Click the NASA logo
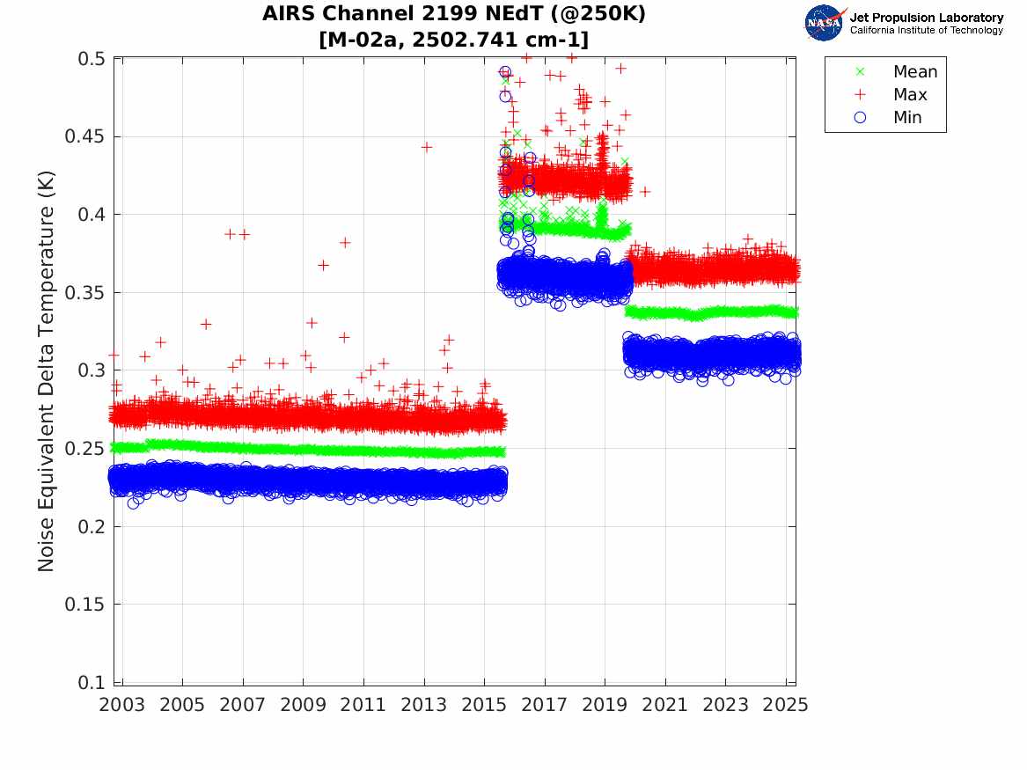tap(825, 23)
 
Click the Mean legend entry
tap(914, 72)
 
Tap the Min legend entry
tap(907, 118)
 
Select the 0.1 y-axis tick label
tap(92, 683)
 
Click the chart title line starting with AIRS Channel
tap(453, 15)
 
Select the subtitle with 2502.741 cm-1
tap(453, 40)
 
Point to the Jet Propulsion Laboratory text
tap(926, 18)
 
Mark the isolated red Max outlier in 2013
tap(426, 147)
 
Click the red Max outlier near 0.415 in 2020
tap(645, 191)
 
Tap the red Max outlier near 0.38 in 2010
tap(345, 242)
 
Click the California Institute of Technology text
tap(926, 31)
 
